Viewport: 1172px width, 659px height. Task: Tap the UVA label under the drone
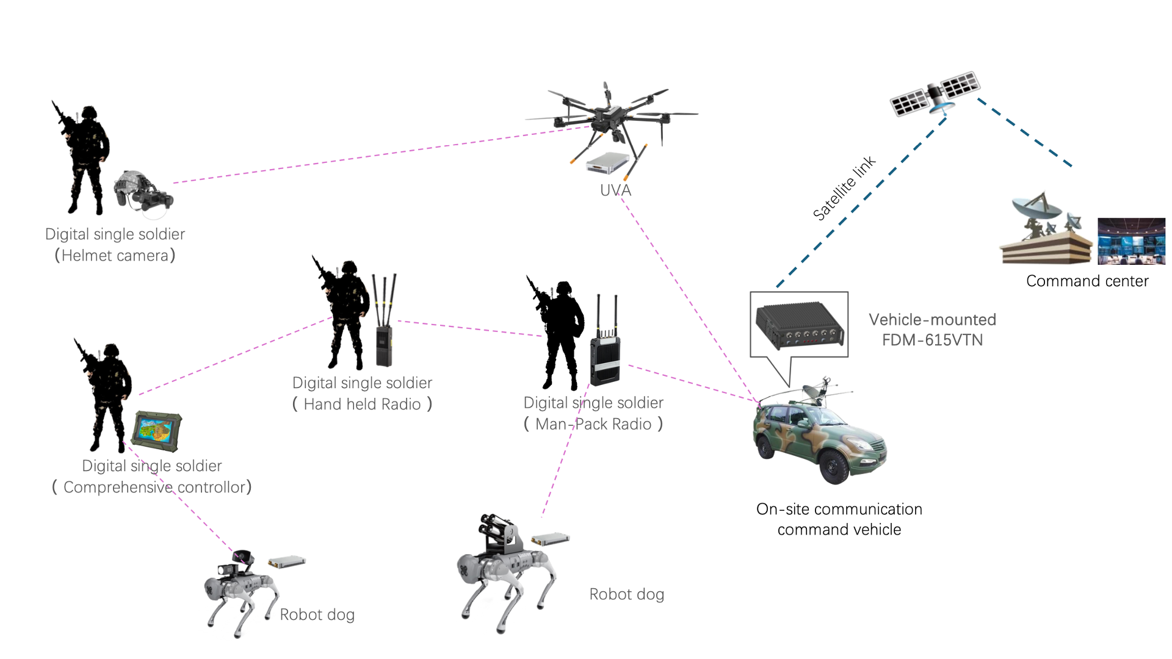(615, 190)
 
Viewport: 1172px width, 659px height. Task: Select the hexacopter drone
(610, 116)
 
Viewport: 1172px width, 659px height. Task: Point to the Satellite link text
(844, 188)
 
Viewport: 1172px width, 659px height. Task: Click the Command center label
(1087, 281)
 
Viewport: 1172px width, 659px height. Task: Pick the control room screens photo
(1131, 241)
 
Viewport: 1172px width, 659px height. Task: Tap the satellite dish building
(1045, 232)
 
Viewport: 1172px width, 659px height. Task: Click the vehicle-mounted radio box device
(799, 326)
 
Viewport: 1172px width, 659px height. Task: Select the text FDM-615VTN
(932, 340)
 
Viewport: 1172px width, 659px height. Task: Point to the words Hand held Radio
(362, 405)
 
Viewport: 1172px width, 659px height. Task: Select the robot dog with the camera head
(241, 589)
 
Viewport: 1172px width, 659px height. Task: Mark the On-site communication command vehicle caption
(839, 519)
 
